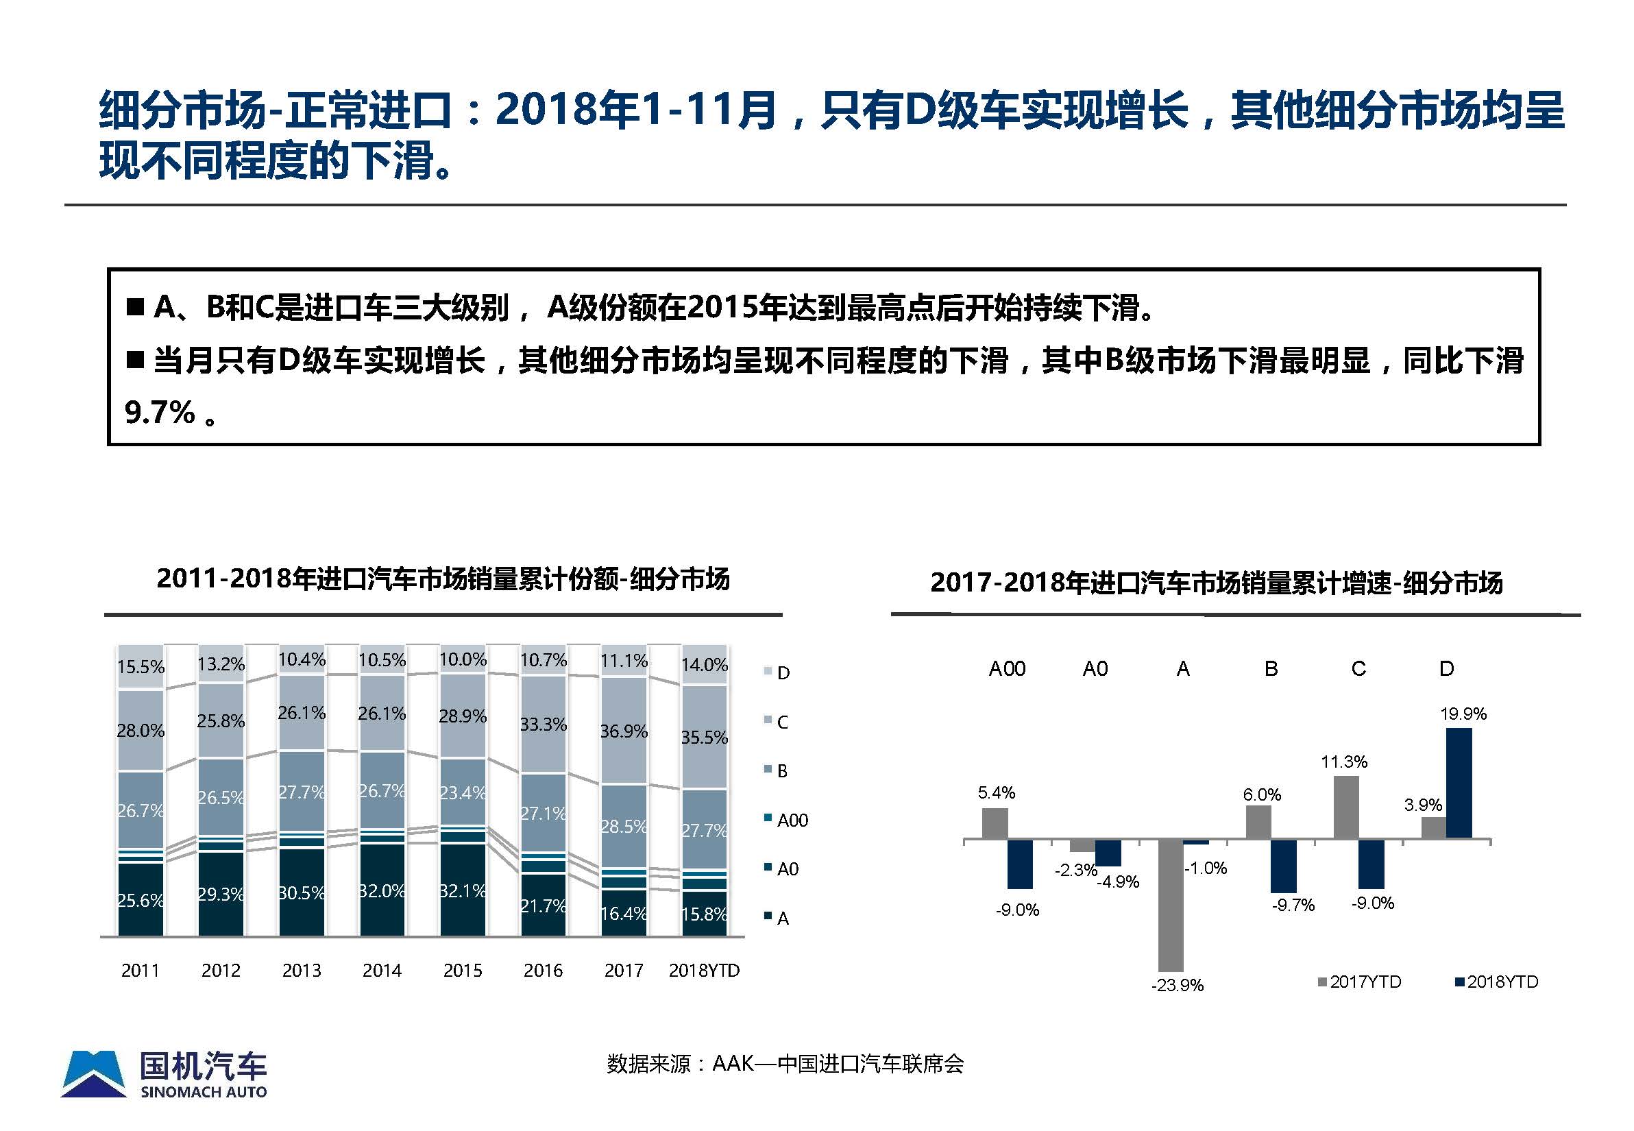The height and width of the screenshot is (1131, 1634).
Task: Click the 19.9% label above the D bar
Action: (x=1463, y=714)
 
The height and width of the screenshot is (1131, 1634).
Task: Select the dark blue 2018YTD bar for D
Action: (x=1459, y=783)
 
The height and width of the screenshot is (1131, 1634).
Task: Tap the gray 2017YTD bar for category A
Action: (x=1170, y=905)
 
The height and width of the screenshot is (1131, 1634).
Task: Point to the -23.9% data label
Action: (x=1177, y=985)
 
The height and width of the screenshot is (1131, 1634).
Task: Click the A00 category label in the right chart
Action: (x=1006, y=668)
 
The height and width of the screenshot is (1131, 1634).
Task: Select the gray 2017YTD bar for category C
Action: (x=1345, y=807)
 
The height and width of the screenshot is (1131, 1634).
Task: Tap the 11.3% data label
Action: (x=1343, y=762)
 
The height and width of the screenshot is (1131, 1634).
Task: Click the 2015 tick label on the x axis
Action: (x=462, y=970)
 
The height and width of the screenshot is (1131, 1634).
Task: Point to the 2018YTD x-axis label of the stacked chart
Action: (x=704, y=970)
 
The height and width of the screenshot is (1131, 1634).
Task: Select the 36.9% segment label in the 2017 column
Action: (x=624, y=731)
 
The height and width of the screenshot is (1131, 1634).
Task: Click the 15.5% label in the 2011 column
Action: (x=141, y=667)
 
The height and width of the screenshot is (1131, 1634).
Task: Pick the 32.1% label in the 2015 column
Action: (x=462, y=891)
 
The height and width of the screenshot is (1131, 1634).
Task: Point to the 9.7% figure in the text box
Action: (x=160, y=413)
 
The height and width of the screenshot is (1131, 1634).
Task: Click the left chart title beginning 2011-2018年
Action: (x=443, y=579)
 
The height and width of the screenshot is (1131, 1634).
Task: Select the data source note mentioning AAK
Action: (x=784, y=1064)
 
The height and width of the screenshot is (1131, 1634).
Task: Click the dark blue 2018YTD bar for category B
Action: (x=1283, y=866)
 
